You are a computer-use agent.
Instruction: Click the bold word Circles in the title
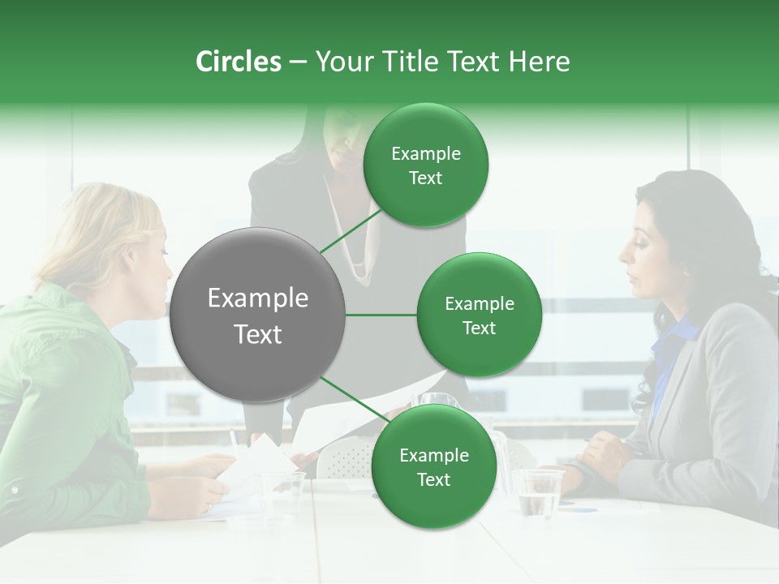[238, 62]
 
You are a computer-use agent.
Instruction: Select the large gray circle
[258, 315]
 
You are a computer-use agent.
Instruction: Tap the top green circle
[426, 165]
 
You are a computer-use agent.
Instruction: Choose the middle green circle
[479, 315]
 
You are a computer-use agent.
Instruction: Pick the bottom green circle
[433, 466]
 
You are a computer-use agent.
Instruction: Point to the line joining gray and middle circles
[381, 315]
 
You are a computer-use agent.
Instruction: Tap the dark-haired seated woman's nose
[625, 252]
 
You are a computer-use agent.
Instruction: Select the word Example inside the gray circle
[258, 298]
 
